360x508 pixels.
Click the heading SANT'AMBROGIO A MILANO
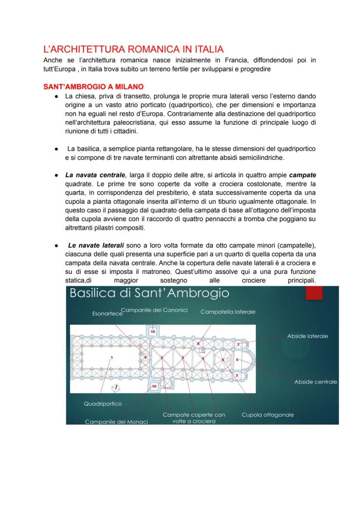tap(93, 87)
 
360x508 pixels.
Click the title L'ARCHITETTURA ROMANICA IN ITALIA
tap(133, 49)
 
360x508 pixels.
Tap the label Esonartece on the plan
tap(107, 313)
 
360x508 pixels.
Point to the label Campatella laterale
tap(228, 312)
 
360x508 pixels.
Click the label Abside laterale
tap(307, 336)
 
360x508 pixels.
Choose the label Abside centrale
tap(316, 382)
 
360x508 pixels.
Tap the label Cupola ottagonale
tap(267, 415)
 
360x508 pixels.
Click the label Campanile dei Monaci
tap(116, 422)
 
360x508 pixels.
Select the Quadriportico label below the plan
tap(103, 404)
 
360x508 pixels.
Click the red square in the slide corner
tap(314, 294)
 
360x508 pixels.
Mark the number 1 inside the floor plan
tap(112, 358)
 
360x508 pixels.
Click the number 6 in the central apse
tap(237, 360)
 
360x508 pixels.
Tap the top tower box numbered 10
tap(152, 331)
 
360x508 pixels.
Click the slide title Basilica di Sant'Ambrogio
tap(149, 293)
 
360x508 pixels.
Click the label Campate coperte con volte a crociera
tap(194, 418)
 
